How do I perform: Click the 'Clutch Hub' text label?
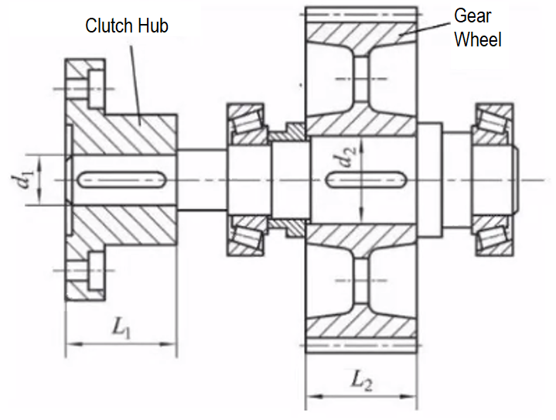click(x=126, y=26)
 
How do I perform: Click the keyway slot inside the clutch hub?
click(x=124, y=179)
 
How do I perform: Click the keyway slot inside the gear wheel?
click(x=367, y=179)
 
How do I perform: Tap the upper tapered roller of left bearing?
click(x=246, y=119)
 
